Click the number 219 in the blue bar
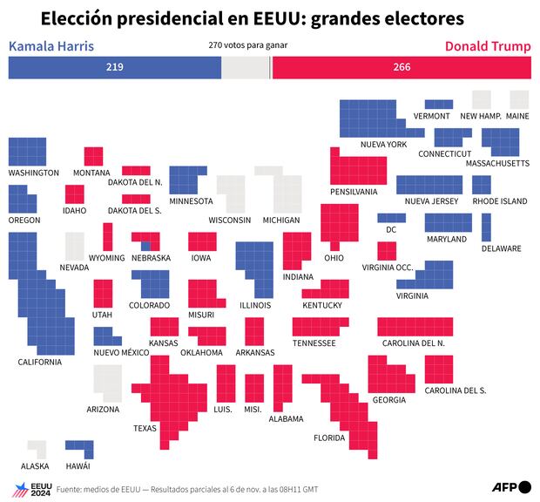[x=114, y=68]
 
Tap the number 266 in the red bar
[x=402, y=68]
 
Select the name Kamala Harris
[x=51, y=46]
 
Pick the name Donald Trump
[x=487, y=46]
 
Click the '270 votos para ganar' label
[x=248, y=44]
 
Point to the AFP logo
[x=505, y=486]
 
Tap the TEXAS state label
[x=145, y=429]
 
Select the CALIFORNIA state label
[x=40, y=362]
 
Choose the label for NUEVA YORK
[x=383, y=144]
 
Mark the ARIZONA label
[x=103, y=409]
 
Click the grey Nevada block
[x=75, y=246]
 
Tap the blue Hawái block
[x=78, y=449]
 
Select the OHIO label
[x=334, y=258]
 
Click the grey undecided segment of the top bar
[x=246, y=68]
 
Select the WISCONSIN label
[x=230, y=220]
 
